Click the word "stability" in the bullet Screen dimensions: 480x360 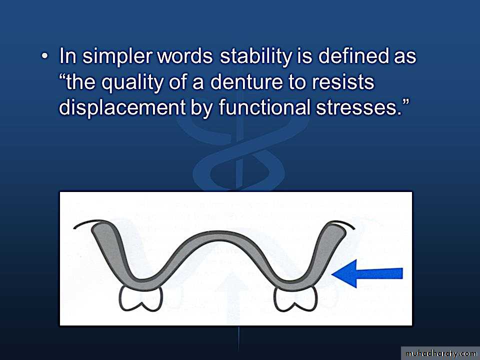pyautogui.click(x=255, y=57)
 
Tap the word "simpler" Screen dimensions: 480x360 pyautogui.click(x=117, y=57)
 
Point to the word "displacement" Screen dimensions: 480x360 pyautogui.click(x=122, y=108)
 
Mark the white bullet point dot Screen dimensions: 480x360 pyautogui.click(x=44, y=56)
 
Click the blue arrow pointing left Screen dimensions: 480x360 pyautogui.click(x=367, y=273)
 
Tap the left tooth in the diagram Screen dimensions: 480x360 pyautogui.click(x=140, y=298)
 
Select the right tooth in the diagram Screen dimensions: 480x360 pyautogui.click(x=295, y=298)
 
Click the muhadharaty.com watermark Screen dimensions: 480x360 pyautogui.click(x=440, y=353)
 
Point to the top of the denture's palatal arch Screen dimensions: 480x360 pyautogui.click(x=218, y=233)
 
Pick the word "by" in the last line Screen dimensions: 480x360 pyautogui.click(x=201, y=108)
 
